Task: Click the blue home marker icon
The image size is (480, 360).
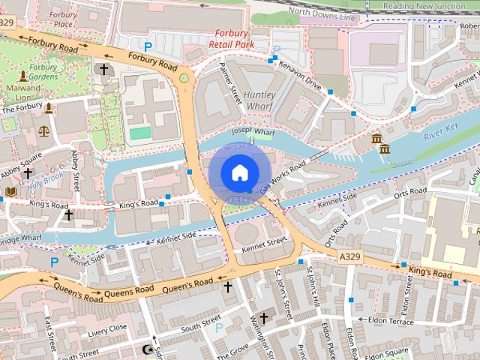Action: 238,172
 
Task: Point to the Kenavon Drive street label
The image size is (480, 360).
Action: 300,76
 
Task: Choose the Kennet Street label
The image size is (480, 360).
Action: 263,242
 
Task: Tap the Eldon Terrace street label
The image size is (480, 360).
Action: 390,320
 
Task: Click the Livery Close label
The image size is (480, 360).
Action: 107,328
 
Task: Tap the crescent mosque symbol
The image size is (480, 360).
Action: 147,349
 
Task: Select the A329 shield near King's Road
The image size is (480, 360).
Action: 350,256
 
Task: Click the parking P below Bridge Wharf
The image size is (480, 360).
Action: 54,262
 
